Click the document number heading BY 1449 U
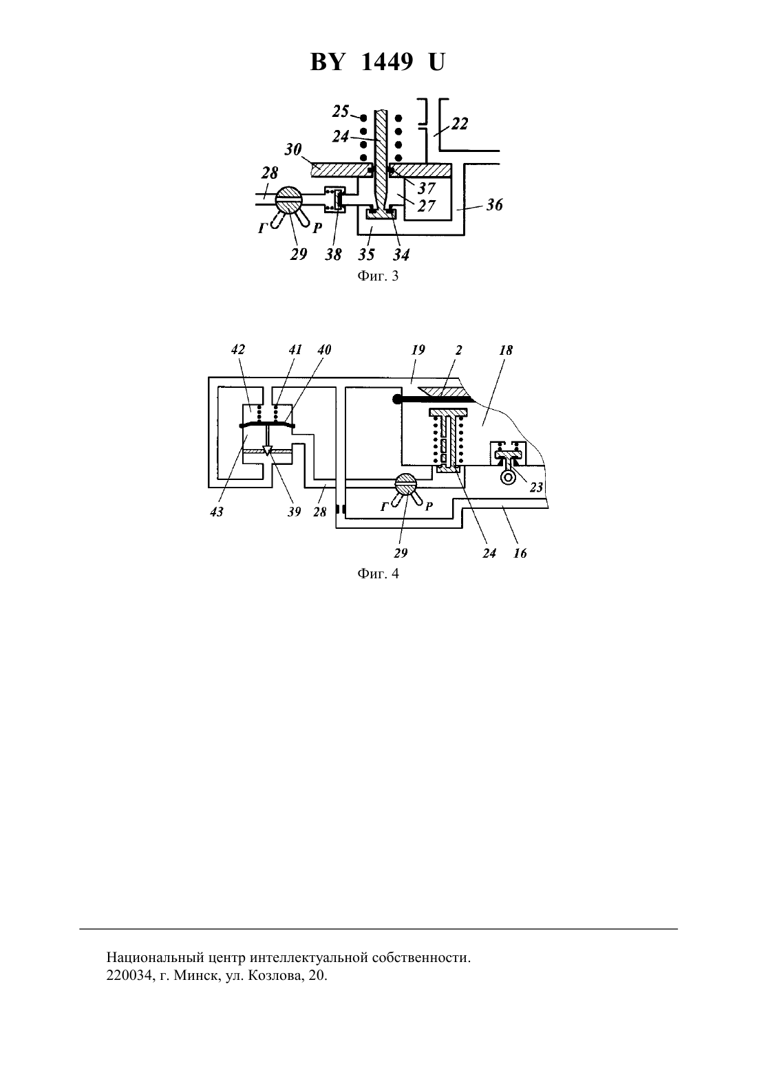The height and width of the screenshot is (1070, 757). coord(378,62)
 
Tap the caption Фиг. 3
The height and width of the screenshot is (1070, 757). coord(378,276)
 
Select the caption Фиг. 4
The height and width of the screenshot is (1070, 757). coord(378,574)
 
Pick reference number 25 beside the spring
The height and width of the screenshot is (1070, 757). coord(341,111)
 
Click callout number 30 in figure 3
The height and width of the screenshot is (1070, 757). coord(293,150)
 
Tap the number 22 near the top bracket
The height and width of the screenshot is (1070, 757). coord(459,124)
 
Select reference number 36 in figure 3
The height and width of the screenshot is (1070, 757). coord(495,205)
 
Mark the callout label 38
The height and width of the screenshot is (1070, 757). coord(333,254)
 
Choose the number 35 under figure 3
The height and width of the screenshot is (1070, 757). coord(367,254)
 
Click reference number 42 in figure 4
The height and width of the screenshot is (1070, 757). coord(237,349)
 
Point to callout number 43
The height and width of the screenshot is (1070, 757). coord(217,512)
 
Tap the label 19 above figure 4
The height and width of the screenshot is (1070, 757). coord(418,349)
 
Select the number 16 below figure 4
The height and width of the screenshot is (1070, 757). coord(520,553)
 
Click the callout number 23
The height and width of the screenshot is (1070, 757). coord(537,487)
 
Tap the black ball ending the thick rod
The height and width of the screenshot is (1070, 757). coord(397,400)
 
